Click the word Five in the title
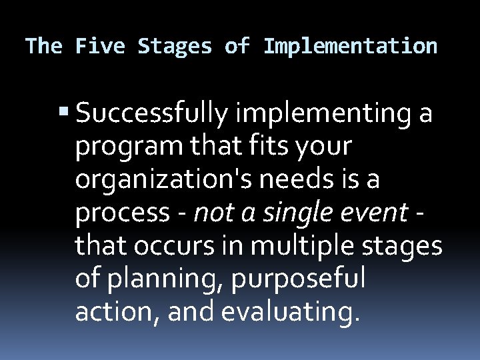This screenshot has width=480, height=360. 101,46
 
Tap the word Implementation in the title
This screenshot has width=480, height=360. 351,46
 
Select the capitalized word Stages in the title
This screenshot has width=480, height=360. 175,46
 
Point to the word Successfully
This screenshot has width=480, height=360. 154,115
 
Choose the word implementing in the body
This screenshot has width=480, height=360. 325,115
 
